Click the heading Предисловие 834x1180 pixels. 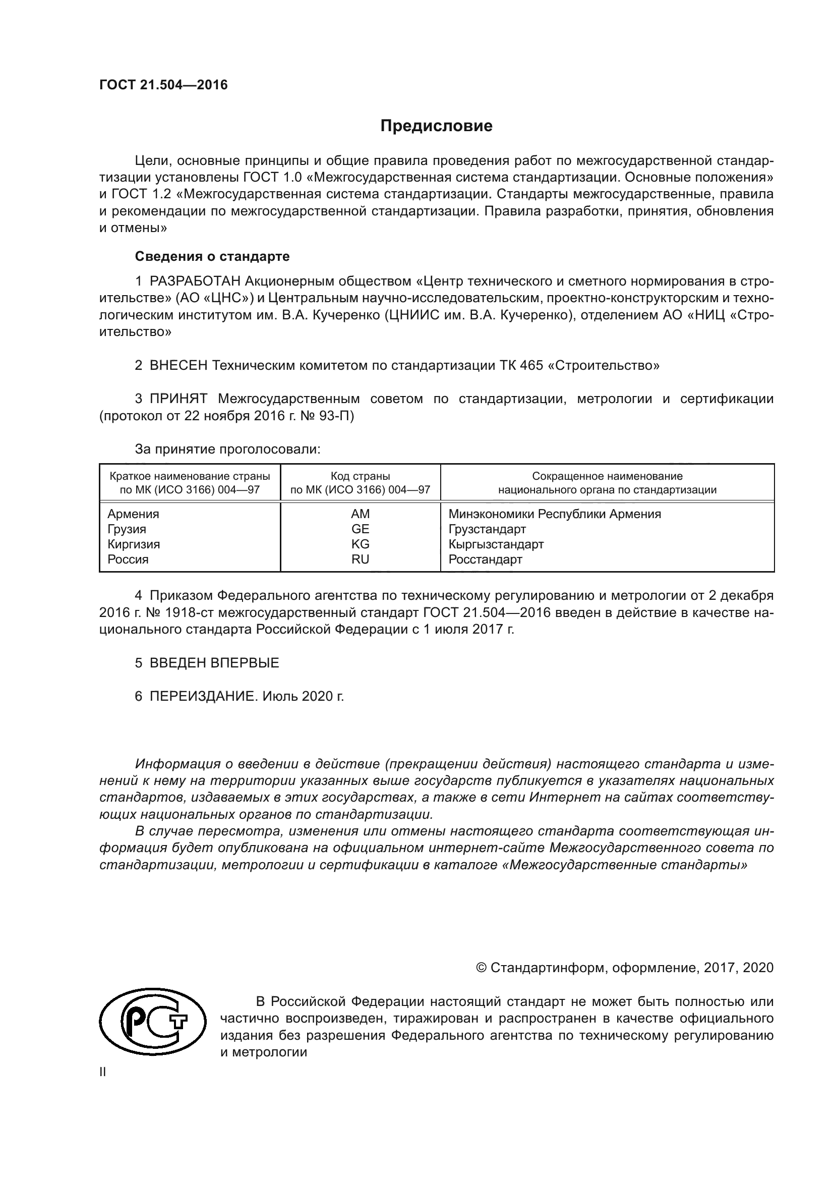(436, 126)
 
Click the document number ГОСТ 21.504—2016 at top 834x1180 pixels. (163, 85)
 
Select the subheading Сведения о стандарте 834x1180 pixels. (212, 256)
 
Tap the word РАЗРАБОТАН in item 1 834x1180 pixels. (195, 281)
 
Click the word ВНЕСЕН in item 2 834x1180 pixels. (178, 365)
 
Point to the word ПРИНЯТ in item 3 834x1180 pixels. (178, 399)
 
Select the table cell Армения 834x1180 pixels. (133, 514)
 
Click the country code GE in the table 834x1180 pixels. (360, 529)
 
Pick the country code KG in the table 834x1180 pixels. (360, 544)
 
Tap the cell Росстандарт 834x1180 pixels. (485, 559)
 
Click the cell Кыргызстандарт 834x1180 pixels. (496, 544)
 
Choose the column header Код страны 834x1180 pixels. (360, 476)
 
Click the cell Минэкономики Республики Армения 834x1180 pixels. (554, 514)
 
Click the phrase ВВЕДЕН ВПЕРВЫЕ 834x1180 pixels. (214, 662)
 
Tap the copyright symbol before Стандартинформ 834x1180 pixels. (481, 968)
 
